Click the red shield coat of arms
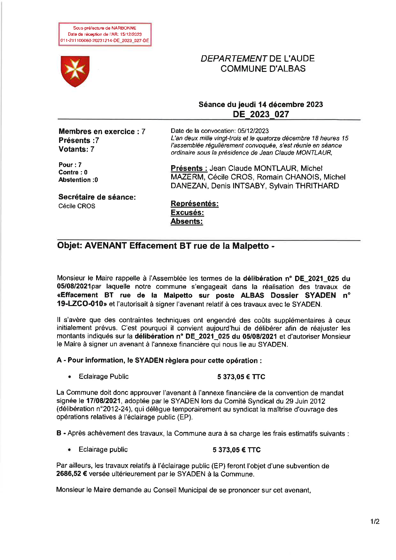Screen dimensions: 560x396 [75, 71]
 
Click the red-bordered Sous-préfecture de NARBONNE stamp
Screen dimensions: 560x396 [105, 35]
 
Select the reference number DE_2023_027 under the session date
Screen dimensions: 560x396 [261, 114]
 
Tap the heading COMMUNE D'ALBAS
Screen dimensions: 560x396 [263, 69]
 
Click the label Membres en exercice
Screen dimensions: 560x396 [97, 132]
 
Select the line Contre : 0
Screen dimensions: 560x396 [73, 173]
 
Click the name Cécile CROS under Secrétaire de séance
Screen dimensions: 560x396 [77, 206]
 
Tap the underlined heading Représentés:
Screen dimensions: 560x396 [194, 203]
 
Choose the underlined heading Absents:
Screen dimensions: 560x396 [187, 221]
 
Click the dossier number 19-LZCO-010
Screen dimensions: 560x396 [82, 304]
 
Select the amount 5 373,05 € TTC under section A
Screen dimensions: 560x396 [241, 377]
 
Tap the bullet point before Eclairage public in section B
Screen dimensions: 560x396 [69, 450]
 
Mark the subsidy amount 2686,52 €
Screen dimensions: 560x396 [72, 474]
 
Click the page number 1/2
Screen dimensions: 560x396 [375, 522]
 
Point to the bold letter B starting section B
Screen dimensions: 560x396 [59, 433]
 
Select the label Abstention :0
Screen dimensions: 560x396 [78, 180]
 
